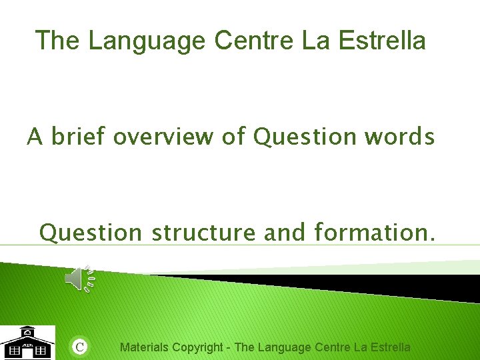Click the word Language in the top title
[x=147, y=41]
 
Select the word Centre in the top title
[x=254, y=41]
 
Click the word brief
[x=79, y=137]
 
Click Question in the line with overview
[x=305, y=137]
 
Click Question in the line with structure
[x=91, y=233]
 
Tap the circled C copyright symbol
[x=79, y=347]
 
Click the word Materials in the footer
[x=144, y=347]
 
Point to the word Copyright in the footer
[x=197, y=347]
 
